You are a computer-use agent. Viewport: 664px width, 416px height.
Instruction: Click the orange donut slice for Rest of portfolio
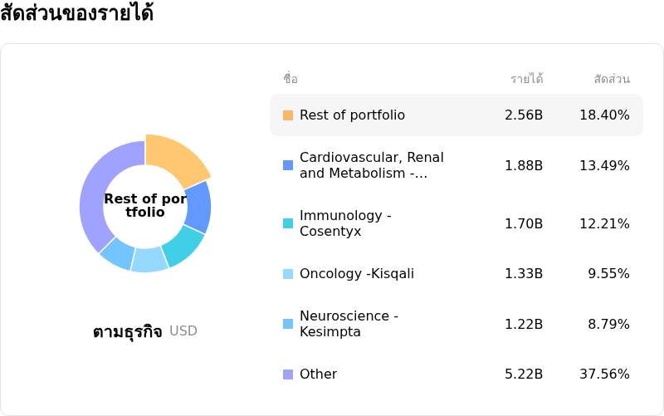click(x=176, y=160)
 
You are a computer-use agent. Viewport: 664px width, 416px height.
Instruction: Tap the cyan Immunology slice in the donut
click(x=183, y=245)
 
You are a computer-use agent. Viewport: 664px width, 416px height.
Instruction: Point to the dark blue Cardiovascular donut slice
click(x=198, y=208)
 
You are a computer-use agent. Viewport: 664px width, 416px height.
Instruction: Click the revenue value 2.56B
click(x=524, y=115)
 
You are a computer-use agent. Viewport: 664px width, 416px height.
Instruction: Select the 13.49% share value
click(x=604, y=165)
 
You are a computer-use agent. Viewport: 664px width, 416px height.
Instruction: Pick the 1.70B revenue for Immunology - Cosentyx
click(x=524, y=223)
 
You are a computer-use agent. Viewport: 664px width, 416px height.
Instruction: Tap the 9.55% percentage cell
click(x=608, y=274)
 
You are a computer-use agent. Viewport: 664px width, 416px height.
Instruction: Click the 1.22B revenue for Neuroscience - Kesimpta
click(x=524, y=324)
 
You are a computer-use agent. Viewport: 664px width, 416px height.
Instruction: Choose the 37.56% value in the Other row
click(x=604, y=374)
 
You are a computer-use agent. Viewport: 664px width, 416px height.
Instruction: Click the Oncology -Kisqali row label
click(x=356, y=274)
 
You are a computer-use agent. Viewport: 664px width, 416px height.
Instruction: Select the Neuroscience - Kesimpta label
click(x=349, y=324)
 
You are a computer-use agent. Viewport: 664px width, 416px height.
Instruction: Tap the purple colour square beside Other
click(x=288, y=374)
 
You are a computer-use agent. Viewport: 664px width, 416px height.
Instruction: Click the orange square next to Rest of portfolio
click(x=288, y=115)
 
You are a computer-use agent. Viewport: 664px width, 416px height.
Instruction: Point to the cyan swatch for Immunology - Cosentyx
click(x=288, y=223)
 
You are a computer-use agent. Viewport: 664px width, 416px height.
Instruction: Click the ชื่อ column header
click(x=290, y=79)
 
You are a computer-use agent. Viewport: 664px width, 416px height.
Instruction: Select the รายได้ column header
click(x=526, y=79)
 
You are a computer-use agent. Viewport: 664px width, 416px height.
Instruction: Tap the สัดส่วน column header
click(x=612, y=79)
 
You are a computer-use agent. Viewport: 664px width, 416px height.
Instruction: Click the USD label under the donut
click(x=183, y=331)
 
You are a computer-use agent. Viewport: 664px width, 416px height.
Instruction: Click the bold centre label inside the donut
click(x=145, y=205)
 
